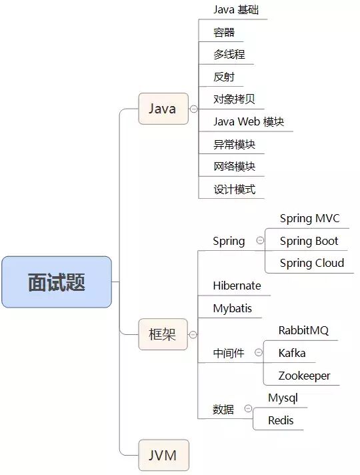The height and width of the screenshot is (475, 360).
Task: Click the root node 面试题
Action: coord(56,282)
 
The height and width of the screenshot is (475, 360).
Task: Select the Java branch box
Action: coord(163,109)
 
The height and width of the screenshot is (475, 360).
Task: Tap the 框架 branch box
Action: coord(163,334)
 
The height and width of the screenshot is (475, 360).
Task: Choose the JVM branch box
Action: coord(163,456)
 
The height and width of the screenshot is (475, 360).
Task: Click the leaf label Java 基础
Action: coord(232,10)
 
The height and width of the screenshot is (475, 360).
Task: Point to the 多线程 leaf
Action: coord(225,55)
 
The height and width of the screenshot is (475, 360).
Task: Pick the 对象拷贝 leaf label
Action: coord(234,99)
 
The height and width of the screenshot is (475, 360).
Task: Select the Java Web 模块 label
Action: coord(249,122)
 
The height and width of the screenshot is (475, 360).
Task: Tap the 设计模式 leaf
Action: coord(234,189)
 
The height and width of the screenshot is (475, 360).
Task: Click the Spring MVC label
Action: coord(309,219)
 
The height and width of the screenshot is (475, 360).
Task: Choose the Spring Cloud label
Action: coord(312,263)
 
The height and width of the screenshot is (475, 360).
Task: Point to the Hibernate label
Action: coord(237,286)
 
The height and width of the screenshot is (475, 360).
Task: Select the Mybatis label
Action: coord(233,309)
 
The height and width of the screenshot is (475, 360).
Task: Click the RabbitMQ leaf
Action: coord(303,331)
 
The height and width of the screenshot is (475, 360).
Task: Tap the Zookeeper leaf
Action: coord(305,376)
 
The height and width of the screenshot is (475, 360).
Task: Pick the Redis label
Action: coord(281,420)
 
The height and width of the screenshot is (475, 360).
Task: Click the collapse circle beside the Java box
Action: coord(193,109)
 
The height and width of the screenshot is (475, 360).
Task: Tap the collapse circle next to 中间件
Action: coord(257,353)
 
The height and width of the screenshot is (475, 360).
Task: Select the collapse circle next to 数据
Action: coord(248,408)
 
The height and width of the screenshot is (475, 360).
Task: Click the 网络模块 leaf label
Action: coord(234,167)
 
